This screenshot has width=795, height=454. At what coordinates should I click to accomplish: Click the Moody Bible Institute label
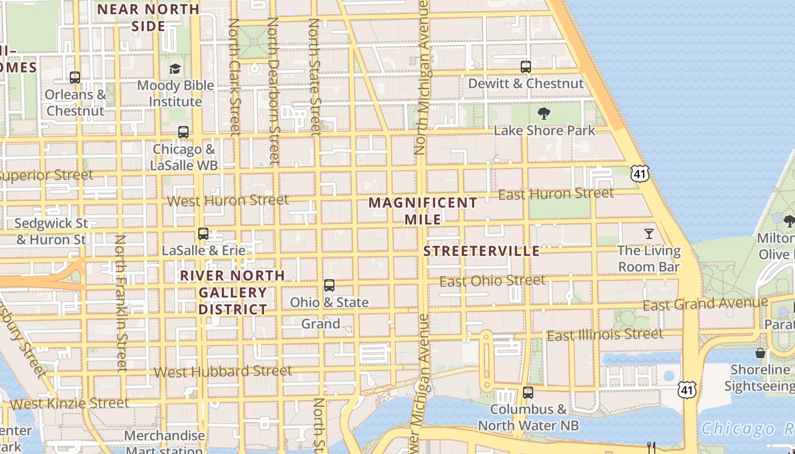(x=175, y=94)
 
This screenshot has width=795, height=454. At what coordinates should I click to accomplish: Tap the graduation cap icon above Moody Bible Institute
(x=175, y=69)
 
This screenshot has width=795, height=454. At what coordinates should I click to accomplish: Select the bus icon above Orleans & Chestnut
(x=75, y=78)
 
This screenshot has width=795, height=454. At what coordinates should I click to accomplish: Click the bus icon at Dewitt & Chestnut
(x=525, y=67)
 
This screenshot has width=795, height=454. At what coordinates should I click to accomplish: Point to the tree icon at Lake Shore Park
(x=543, y=113)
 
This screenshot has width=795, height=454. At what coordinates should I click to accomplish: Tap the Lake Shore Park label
(x=544, y=131)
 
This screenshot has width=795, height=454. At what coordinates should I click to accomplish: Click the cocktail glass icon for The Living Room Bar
(x=648, y=233)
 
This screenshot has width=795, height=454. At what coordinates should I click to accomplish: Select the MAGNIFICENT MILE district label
(x=423, y=211)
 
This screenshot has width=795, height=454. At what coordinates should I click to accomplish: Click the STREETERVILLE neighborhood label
(x=482, y=251)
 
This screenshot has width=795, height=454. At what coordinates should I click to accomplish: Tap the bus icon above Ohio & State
(x=329, y=285)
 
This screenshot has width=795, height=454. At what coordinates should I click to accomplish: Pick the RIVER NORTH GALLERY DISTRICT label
(x=233, y=292)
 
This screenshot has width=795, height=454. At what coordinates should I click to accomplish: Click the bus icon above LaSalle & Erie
(x=203, y=233)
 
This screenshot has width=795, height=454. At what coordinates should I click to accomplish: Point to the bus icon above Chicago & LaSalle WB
(x=183, y=132)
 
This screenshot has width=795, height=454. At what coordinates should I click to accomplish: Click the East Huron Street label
(x=555, y=194)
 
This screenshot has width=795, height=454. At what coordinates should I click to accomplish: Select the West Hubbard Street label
(x=223, y=372)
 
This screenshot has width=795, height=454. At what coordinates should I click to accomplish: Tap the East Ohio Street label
(x=492, y=281)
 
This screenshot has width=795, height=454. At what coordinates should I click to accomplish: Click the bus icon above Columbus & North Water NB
(x=528, y=392)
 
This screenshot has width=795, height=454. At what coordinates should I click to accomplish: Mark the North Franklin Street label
(x=121, y=303)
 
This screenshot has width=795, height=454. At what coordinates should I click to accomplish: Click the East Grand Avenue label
(x=705, y=304)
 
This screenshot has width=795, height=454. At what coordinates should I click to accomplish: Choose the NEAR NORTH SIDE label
(x=149, y=18)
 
